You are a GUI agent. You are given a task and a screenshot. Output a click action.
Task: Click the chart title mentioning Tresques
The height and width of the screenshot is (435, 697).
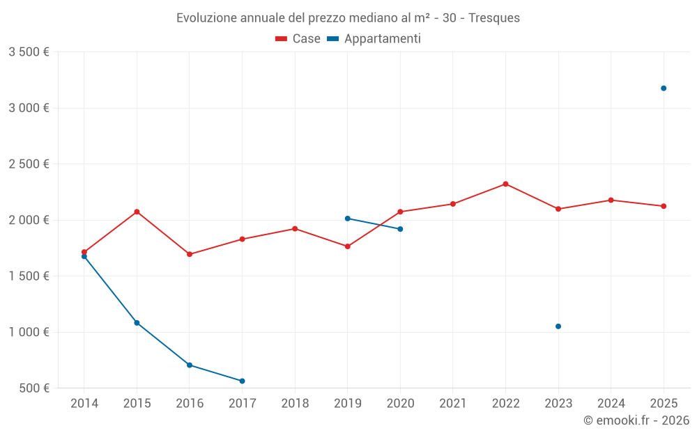coord(348,18)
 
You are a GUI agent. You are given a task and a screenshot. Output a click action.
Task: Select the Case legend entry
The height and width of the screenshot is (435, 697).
coord(298,39)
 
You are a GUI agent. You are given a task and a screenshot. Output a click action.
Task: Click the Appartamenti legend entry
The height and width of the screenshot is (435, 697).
coord(374,39)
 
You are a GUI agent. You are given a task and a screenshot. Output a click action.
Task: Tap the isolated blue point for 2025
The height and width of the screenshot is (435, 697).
coord(664,88)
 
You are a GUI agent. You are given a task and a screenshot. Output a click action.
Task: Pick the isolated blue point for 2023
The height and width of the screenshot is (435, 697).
coord(558,326)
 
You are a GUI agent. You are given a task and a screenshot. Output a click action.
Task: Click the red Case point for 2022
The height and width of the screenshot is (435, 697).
coord(505,184)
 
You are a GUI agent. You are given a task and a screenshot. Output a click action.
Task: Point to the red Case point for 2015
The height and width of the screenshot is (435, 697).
coord(137,212)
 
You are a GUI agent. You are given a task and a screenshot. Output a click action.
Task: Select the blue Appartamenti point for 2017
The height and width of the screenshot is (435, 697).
coord(242,381)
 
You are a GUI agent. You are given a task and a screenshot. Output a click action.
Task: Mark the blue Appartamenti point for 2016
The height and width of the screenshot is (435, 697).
coord(190,365)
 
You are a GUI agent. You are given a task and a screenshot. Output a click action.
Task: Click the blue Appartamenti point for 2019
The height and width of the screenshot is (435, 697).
coord(347,219)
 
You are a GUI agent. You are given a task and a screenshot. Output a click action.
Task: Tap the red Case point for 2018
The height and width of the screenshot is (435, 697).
coord(295,228)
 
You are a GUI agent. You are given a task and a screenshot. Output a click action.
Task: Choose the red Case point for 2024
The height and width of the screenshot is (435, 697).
coord(611,200)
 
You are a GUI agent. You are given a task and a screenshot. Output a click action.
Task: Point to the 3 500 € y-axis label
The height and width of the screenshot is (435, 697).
coord(29,52)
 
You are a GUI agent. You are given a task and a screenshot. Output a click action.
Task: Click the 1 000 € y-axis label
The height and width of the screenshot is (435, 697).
coord(29,332)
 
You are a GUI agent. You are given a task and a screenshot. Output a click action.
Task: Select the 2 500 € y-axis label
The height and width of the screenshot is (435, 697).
coord(29,164)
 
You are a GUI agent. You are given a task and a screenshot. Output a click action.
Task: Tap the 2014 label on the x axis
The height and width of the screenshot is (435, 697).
coord(84,403)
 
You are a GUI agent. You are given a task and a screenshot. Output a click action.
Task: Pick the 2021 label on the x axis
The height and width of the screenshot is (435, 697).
coord(453,403)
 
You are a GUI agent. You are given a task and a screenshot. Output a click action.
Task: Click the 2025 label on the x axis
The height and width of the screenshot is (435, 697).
coord(664,403)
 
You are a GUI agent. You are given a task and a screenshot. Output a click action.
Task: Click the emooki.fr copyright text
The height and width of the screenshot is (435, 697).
coord(636,420)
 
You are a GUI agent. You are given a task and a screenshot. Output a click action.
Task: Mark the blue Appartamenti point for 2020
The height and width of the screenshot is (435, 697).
coord(400,229)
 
